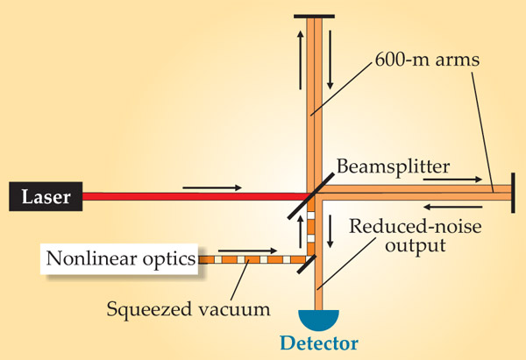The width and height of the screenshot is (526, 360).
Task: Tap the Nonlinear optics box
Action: click(x=120, y=260)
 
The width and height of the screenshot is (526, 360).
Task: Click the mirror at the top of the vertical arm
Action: click(x=314, y=16)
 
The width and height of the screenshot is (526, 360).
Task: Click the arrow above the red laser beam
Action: click(x=210, y=187)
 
